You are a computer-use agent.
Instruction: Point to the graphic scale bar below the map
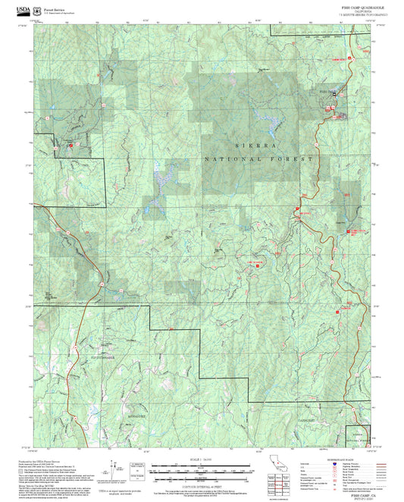pos(201,469)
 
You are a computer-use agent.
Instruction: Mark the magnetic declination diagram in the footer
pos(114,466)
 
